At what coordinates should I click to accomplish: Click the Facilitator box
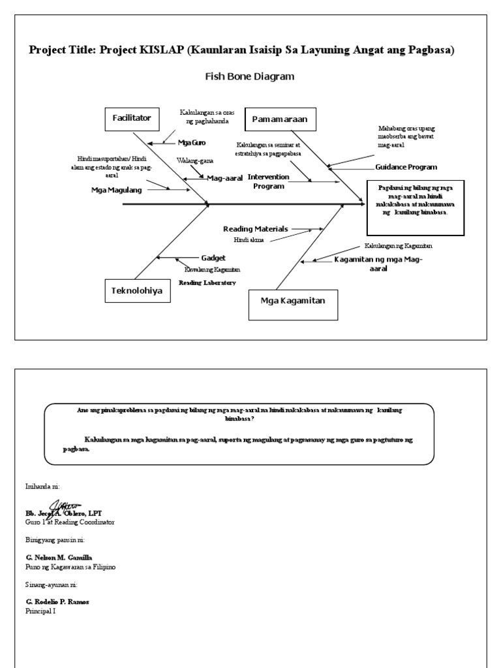(131, 119)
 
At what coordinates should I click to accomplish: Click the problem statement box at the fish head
(416, 207)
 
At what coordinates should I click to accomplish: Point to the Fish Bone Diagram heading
(250, 76)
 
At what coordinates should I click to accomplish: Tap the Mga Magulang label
(116, 190)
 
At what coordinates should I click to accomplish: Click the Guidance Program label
(406, 167)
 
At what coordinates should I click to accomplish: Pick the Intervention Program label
(267, 181)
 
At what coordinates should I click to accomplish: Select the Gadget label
(213, 258)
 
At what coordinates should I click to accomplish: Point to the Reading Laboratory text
(207, 282)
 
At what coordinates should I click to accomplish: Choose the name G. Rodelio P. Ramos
(57, 601)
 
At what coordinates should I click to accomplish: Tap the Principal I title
(40, 611)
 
